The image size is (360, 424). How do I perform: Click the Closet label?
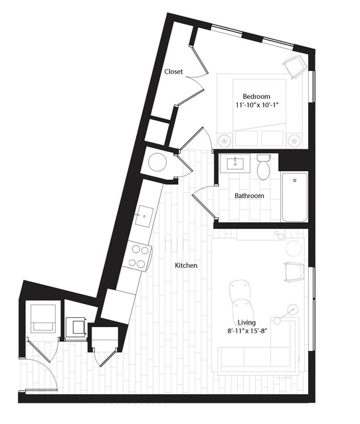(174, 72)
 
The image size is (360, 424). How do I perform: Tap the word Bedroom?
(256, 96)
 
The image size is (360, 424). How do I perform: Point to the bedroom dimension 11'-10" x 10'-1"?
(257, 105)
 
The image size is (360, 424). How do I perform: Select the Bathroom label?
(249, 196)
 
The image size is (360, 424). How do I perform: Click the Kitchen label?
(186, 265)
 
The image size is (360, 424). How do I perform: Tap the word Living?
(246, 322)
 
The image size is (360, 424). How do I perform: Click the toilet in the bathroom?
(263, 167)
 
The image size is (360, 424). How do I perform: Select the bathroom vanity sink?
(236, 163)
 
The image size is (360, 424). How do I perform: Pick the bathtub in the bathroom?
(294, 196)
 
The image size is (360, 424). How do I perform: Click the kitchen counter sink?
(144, 216)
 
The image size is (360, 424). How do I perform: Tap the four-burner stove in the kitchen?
(137, 255)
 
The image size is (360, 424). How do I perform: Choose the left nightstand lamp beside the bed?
(225, 141)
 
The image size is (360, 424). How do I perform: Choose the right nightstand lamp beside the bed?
(295, 141)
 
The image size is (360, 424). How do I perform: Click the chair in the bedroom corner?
(294, 67)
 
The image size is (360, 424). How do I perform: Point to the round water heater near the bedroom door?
(157, 163)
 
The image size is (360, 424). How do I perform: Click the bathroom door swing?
(205, 202)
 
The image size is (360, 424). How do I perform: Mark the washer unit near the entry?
(43, 318)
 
